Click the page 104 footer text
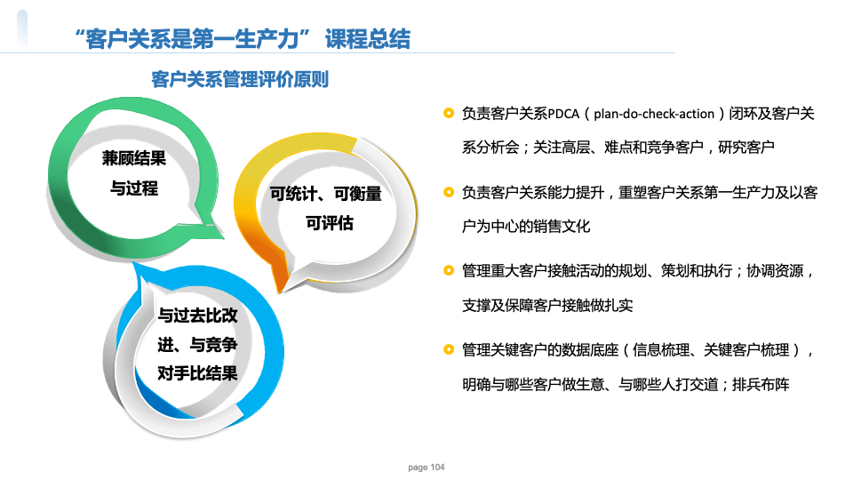tap(426, 467)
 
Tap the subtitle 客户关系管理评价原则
tap(240, 79)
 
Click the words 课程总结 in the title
tap(368, 39)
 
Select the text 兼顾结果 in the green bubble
tap(134, 158)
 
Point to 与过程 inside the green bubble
tap(134, 188)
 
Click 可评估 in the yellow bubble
tap(329, 222)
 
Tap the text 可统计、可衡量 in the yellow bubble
tap(326, 193)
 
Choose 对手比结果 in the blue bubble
tap(197, 373)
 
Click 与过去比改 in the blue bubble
tap(197, 315)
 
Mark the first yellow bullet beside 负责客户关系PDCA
tap(449, 113)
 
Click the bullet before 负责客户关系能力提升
tap(449, 192)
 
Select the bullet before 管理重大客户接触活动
tap(449, 270)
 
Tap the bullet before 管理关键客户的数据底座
tap(449, 349)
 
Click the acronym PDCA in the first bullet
tap(563, 114)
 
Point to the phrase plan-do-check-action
tap(654, 114)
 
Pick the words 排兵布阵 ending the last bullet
tap(761, 385)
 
